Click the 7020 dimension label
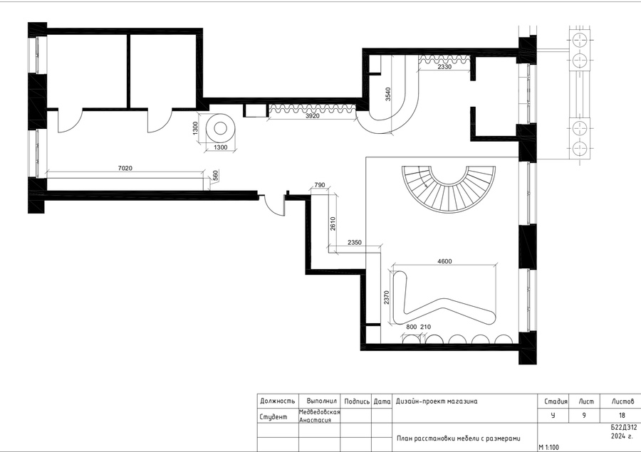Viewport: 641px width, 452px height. point(125,168)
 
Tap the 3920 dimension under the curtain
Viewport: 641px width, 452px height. point(313,115)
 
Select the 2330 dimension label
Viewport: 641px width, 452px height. point(444,67)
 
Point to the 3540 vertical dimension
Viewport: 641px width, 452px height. point(388,94)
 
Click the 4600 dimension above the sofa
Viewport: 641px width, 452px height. point(444,261)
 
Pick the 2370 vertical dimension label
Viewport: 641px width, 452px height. point(386,298)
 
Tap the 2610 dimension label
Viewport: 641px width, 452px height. point(333,224)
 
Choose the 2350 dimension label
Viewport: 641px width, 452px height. point(355,242)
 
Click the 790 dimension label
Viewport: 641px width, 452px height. point(320,185)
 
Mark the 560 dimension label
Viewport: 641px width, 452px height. point(216,176)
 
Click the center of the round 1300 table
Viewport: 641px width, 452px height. point(220,128)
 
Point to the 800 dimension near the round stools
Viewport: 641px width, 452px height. point(412,327)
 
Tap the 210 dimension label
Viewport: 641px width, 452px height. point(425,327)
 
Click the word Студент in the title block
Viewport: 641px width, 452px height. point(273,417)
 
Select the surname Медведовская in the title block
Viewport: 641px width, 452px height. point(319,412)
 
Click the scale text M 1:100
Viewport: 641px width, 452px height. point(548,448)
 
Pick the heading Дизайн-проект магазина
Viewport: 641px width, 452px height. point(436,401)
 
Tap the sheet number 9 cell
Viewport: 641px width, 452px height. point(584,415)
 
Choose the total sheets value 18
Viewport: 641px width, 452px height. point(622,415)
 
